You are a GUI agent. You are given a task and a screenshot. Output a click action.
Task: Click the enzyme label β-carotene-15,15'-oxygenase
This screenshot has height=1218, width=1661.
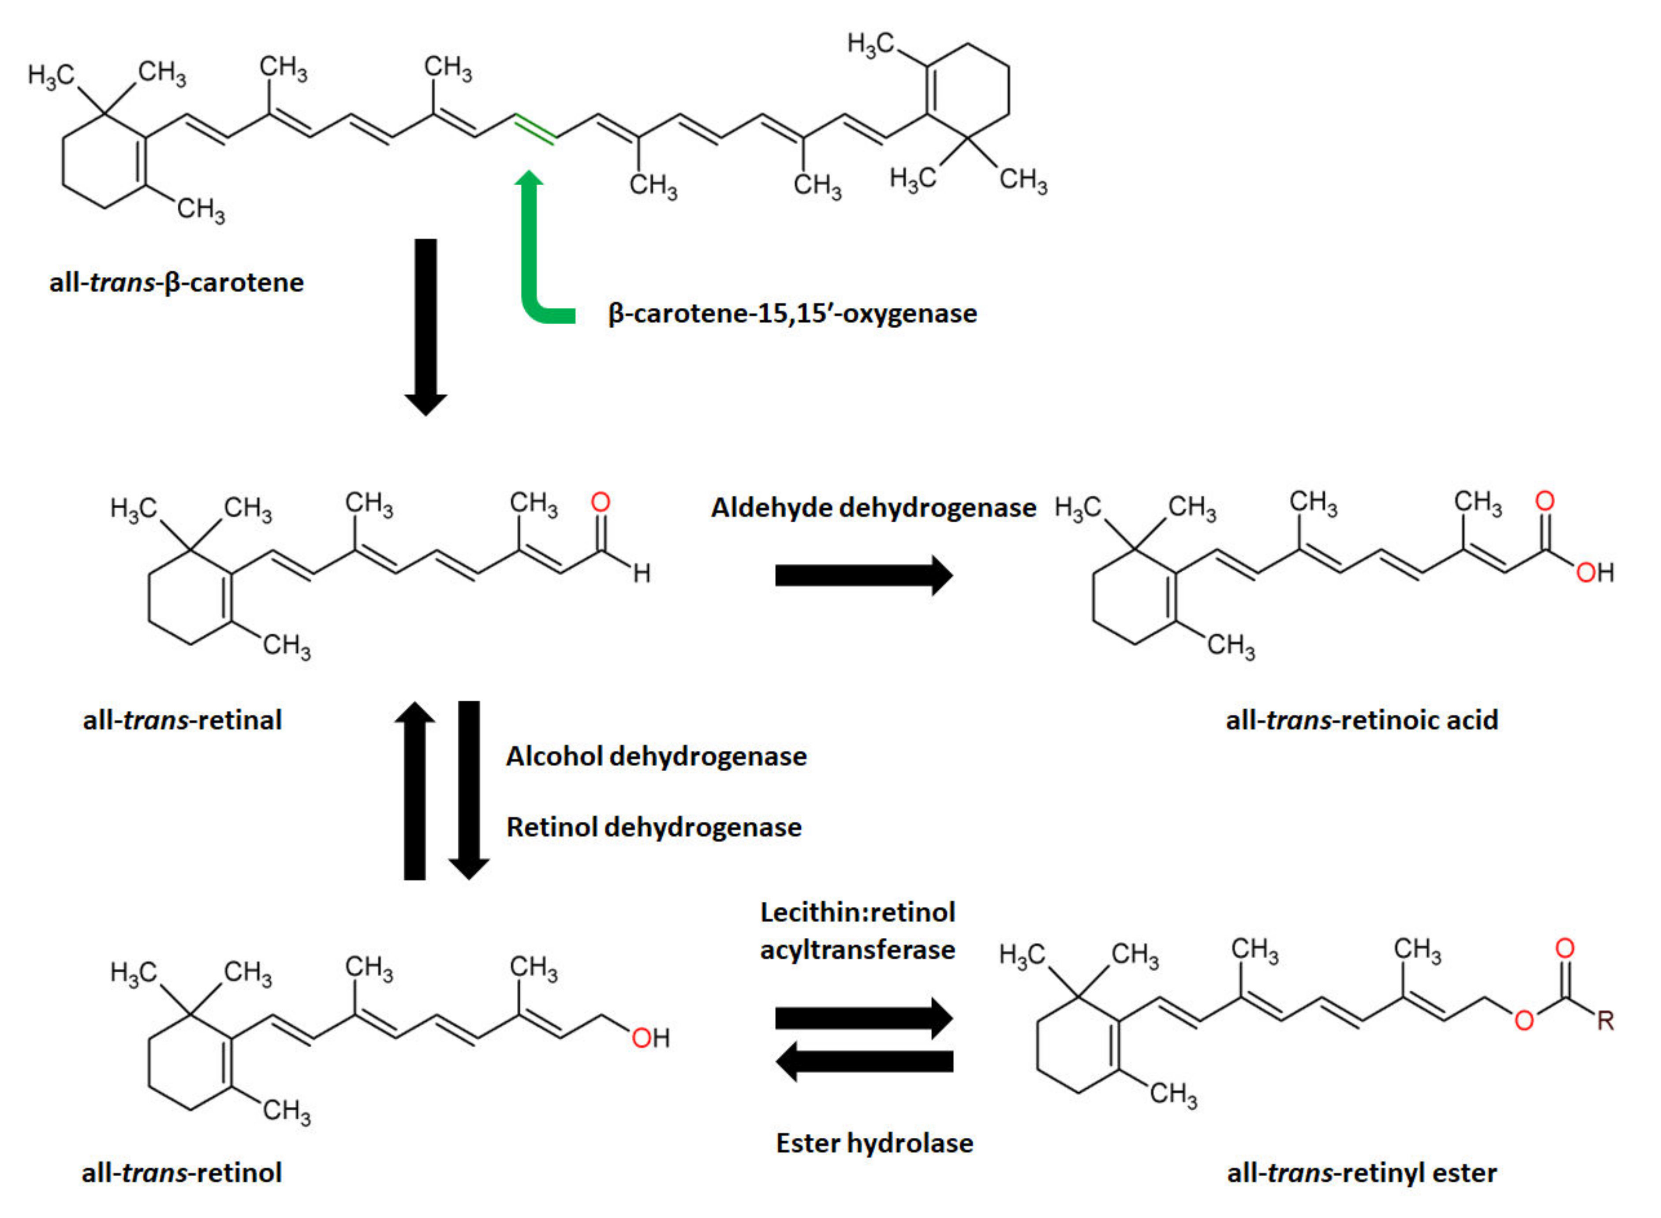tap(792, 313)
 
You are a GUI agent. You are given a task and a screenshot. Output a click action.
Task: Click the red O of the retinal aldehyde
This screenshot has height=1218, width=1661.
tap(601, 502)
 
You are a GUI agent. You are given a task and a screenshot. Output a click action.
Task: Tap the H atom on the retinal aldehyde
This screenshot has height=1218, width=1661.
tap(642, 573)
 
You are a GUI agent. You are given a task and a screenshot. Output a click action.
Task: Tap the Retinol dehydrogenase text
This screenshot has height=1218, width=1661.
tap(653, 827)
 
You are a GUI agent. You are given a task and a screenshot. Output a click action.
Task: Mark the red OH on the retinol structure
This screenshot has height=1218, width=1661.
tap(650, 1038)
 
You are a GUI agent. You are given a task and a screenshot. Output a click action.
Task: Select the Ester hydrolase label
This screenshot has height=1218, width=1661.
tap(874, 1143)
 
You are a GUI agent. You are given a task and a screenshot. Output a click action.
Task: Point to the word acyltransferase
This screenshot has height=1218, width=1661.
tap(857, 950)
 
